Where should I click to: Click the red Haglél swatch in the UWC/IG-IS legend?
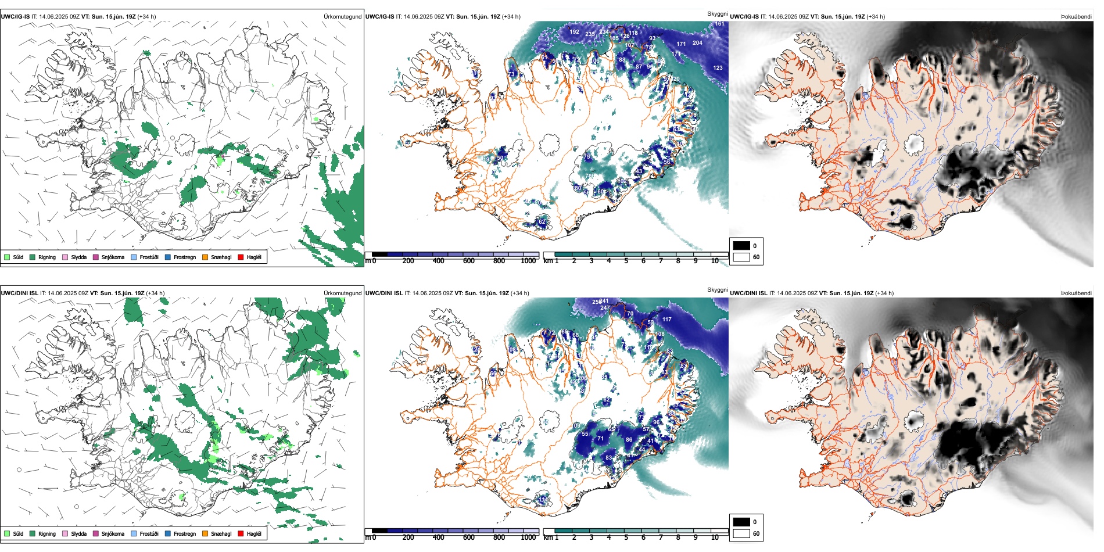241,257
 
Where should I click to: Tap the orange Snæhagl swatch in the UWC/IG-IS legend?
205,257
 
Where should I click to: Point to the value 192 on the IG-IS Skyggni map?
574,32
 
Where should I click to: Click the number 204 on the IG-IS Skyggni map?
697,42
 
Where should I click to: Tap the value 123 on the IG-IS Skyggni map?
718,68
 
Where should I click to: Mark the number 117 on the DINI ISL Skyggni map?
666,320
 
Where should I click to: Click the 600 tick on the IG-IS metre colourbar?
469,261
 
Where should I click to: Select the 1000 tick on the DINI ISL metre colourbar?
528,537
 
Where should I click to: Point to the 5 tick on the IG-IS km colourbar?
626,261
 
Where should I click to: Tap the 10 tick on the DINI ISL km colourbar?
715,537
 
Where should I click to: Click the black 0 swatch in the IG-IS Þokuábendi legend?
741,246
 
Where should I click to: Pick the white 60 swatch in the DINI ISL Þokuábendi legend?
741,533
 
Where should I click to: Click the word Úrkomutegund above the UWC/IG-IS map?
342,17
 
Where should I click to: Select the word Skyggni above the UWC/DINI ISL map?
717,289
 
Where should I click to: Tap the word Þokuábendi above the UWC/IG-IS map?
1076,17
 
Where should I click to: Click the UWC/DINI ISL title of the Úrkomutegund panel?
19,293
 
